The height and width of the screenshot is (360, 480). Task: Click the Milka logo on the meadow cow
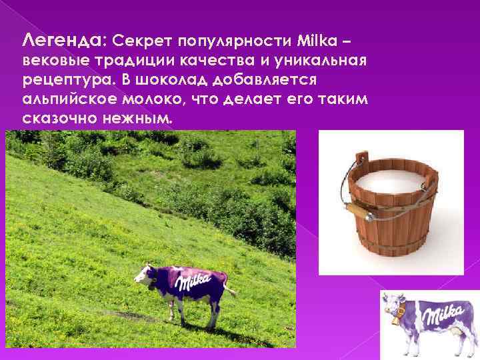191,284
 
